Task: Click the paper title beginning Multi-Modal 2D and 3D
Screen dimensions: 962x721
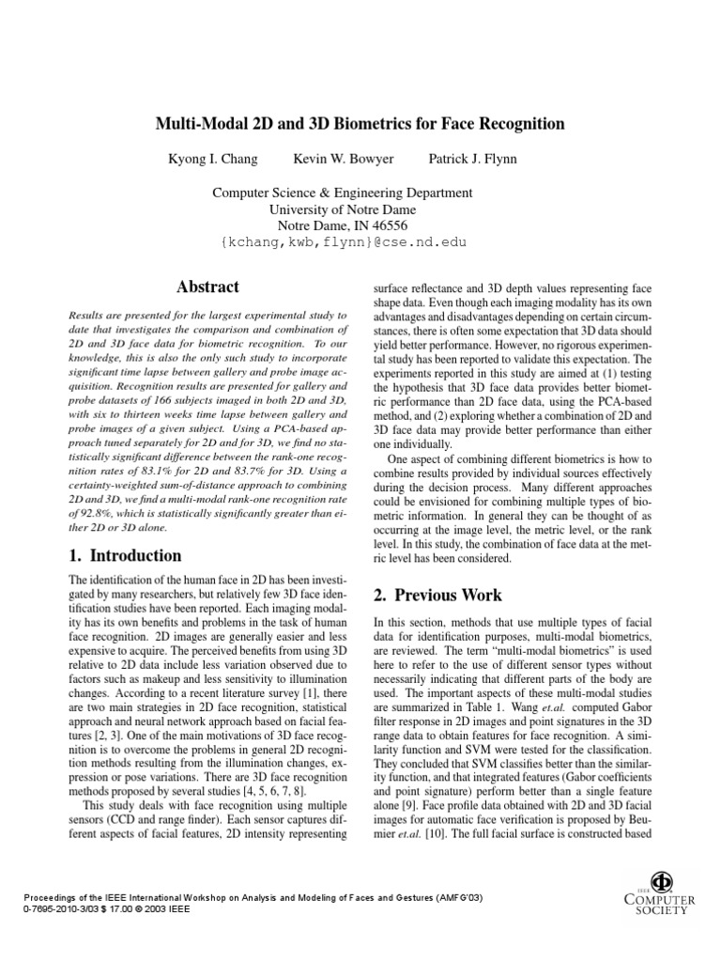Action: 360,124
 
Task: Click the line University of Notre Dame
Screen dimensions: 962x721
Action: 342,209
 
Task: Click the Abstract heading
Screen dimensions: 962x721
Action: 208,287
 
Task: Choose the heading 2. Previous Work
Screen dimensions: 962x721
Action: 437,595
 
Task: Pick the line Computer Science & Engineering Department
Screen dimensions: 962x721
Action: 342,193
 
